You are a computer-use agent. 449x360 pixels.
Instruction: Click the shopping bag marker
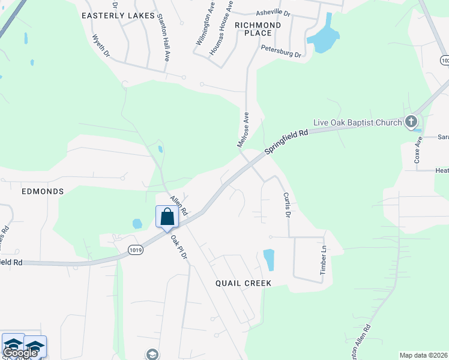167,217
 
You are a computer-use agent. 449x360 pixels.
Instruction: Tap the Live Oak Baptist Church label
357,122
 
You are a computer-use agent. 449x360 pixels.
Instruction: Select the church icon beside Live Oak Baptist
411,122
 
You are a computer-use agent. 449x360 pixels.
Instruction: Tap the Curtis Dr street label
286,205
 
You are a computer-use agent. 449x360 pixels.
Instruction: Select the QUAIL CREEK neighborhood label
244,283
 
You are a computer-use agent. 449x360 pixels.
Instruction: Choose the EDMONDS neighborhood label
43,191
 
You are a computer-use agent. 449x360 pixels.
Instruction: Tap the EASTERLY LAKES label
118,16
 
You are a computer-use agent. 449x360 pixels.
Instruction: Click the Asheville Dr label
273,12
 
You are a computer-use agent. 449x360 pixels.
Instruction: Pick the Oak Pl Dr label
179,247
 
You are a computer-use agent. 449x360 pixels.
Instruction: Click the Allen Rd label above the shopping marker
178,205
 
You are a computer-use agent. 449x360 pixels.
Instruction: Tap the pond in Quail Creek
269,260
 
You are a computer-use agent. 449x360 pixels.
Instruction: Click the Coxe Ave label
418,153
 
